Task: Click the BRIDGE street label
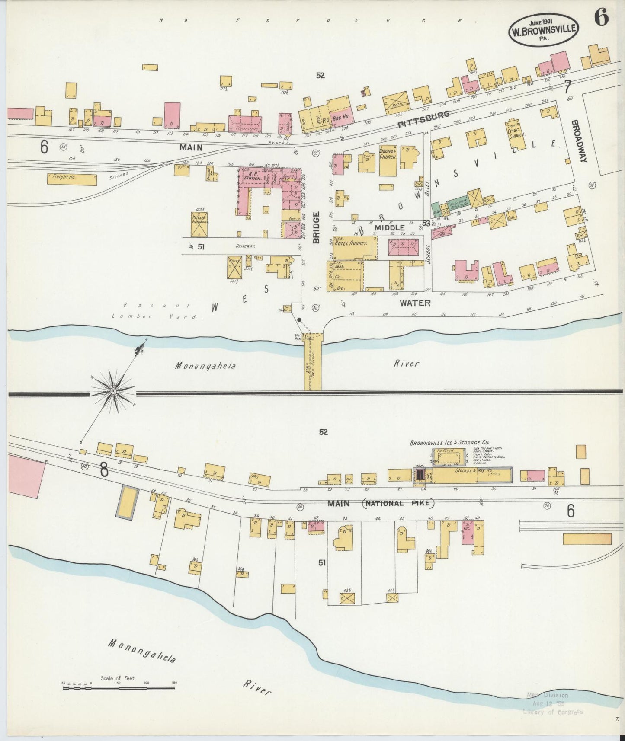pos(316,227)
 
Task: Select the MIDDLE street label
pos(390,228)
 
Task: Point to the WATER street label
pos(415,303)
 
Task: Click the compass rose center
pos(113,391)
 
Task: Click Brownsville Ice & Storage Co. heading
pos(449,443)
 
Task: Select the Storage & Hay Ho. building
pos(469,475)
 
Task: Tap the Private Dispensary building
pos(199,224)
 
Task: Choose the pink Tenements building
pos(246,124)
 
